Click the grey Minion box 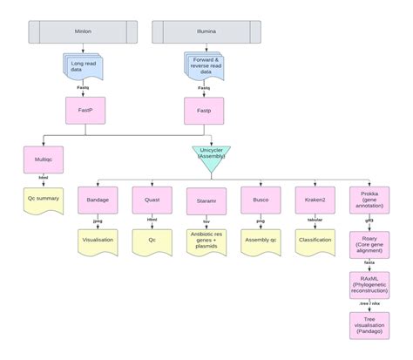(x=83, y=32)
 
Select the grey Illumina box (x=206, y=32)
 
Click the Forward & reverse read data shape (x=206, y=66)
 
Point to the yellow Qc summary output (x=42, y=200)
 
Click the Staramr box (x=206, y=200)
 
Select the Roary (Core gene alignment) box (x=369, y=243)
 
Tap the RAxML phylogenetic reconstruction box (x=369, y=284)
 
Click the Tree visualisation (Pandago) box (x=369, y=325)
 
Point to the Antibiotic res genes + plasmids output (x=206, y=241)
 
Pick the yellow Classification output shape (x=315, y=240)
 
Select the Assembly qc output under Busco (x=261, y=240)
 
